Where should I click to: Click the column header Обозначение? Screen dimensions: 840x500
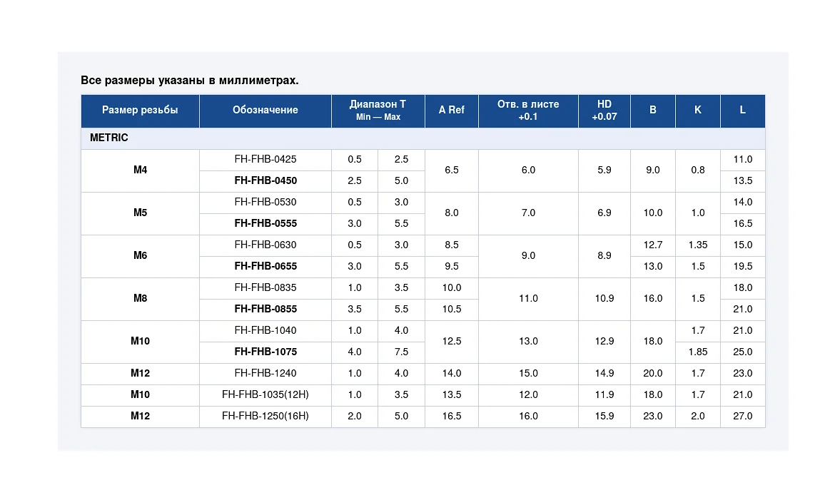point(265,110)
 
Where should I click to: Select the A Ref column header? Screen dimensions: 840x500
point(452,110)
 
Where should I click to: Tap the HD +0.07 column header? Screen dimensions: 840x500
point(604,110)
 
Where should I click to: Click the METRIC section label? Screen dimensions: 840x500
point(108,138)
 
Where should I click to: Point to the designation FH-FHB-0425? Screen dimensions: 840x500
point(265,159)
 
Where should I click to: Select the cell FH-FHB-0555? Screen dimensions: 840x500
point(265,223)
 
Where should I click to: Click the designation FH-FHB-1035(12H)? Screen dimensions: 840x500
point(265,394)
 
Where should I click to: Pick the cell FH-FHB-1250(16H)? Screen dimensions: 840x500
point(265,416)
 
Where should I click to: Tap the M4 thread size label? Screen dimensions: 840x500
point(140,170)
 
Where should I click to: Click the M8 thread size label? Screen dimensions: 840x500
point(140,298)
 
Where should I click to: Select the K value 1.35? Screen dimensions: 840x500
point(697,245)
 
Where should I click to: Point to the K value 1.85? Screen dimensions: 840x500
point(697,352)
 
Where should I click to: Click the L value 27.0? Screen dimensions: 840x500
point(742,416)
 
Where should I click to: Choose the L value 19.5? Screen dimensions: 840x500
point(742,266)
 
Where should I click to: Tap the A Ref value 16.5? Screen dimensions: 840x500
point(452,416)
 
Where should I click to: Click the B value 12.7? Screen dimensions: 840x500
point(652,245)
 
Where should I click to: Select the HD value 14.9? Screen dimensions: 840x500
point(604,373)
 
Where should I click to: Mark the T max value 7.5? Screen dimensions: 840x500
point(401,352)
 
